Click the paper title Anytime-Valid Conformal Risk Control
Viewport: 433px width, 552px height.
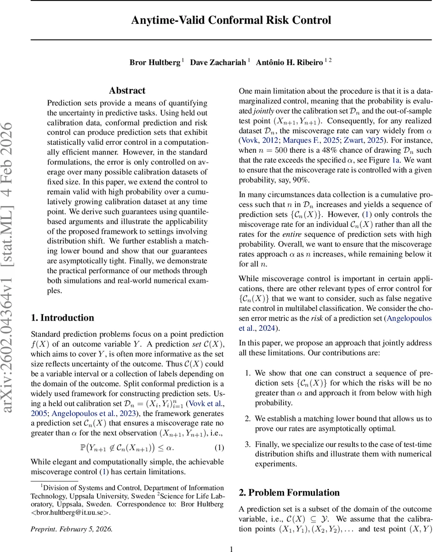click(231, 21)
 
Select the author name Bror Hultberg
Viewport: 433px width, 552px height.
click(154, 62)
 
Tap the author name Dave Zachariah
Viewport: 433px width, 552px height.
click(218, 62)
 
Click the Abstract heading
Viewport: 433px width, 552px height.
click(127, 91)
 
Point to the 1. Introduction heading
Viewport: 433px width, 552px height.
click(62, 305)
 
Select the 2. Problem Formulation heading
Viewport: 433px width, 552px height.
click(289, 493)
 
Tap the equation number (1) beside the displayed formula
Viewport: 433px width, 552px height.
click(220, 448)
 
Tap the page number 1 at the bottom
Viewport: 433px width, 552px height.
click(232, 548)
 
